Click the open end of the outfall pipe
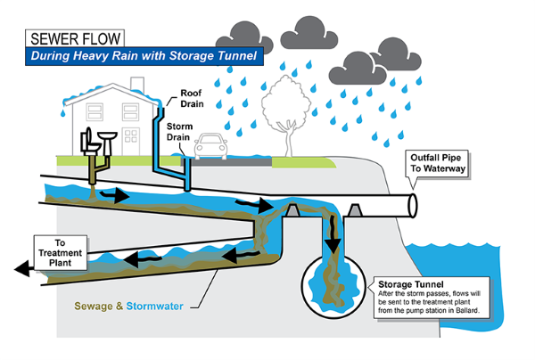pyautogui.click(x=412, y=204)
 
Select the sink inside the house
pyautogui.click(x=106, y=135)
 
